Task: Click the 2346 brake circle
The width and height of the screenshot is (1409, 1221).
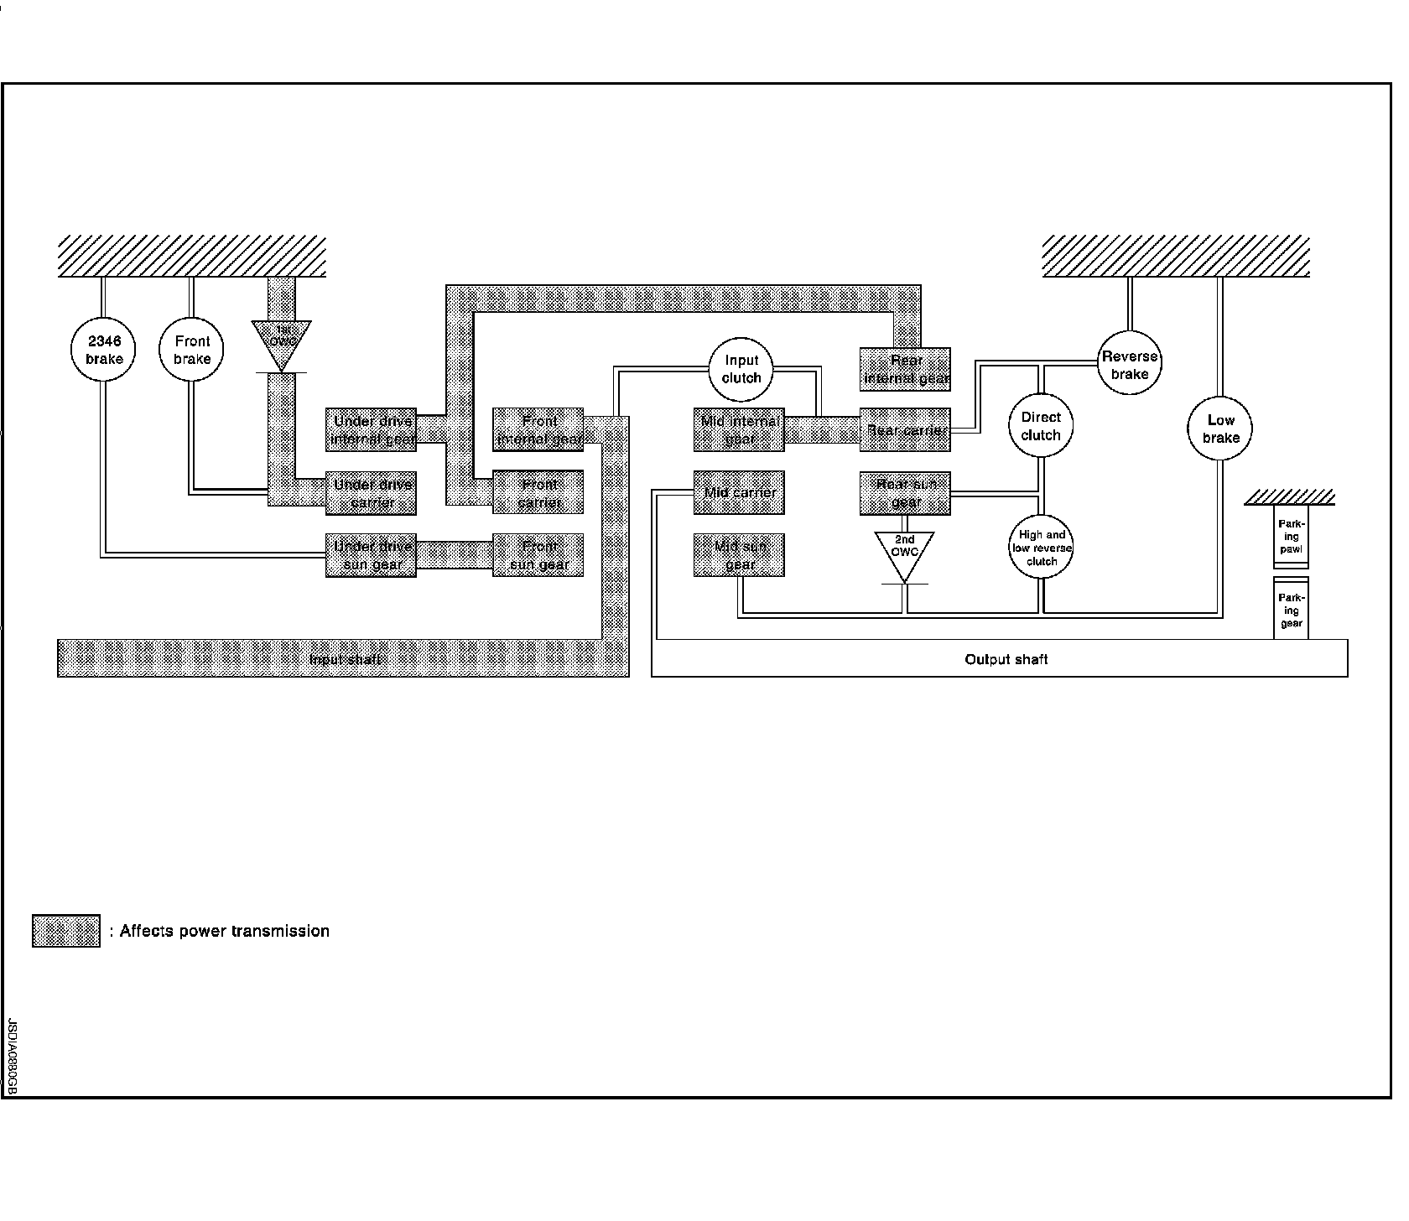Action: pos(104,350)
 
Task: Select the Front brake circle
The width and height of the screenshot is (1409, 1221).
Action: pos(192,350)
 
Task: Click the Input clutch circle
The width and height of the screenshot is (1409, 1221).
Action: pos(741,369)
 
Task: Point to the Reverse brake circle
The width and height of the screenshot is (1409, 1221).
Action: pos(1130,365)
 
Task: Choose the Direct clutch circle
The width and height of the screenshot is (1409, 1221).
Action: pos(1041,426)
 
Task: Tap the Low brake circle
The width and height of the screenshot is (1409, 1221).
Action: pos(1220,429)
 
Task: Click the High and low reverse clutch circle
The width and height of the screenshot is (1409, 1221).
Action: pos(1042,548)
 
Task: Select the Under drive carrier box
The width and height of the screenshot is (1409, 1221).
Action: pos(372,493)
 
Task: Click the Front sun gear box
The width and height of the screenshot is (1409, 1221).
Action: pos(538,555)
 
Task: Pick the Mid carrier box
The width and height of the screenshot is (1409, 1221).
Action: pos(739,492)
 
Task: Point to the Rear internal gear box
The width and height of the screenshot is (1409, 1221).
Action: pos(905,369)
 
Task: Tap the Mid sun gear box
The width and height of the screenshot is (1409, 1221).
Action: pos(739,555)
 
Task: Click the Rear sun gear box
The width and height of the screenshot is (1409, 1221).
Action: pos(905,493)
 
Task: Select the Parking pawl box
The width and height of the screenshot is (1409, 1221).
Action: pos(1291,537)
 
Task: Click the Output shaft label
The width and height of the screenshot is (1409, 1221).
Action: pos(1006,659)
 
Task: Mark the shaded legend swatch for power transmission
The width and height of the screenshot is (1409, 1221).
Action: pos(66,931)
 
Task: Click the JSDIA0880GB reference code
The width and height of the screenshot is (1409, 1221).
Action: pos(12,1057)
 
